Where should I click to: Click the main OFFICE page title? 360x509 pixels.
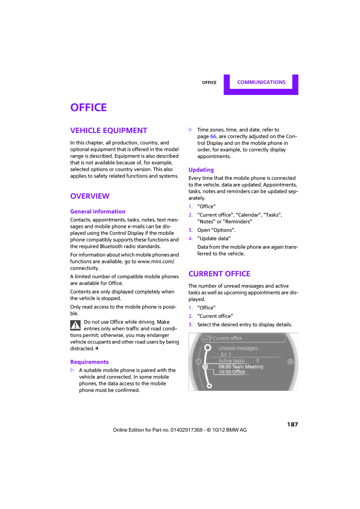click(89, 108)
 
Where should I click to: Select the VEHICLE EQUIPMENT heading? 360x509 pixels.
click(109, 130)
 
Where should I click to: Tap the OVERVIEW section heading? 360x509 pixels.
click(90, 196)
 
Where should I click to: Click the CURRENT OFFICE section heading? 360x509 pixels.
click(219, 274)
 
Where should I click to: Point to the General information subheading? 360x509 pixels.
click(98, 212)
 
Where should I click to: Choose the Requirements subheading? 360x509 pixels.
click(90, 362)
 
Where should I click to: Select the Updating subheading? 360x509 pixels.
click(201, 170)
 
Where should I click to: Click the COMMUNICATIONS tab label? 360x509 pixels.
click(261, 83)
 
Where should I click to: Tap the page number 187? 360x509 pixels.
click(292, 424)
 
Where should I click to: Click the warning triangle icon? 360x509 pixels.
click(76, 325)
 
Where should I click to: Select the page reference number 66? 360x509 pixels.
click(214, 136)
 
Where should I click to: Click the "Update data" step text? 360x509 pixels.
click(214, 239)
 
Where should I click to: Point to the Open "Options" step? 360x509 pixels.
click(216, 230)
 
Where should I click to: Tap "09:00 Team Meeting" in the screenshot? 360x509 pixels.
click(241, 367)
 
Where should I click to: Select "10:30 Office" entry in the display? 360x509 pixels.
click(232, 372)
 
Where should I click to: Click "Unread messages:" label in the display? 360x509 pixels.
click(238, 348)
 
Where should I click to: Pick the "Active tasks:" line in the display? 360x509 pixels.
click(232, 361)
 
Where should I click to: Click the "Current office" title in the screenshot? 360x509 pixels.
click(227, 339)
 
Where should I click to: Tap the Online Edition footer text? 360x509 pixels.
click(180, 430)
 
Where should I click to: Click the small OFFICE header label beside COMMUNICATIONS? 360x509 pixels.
click(209, 83)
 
